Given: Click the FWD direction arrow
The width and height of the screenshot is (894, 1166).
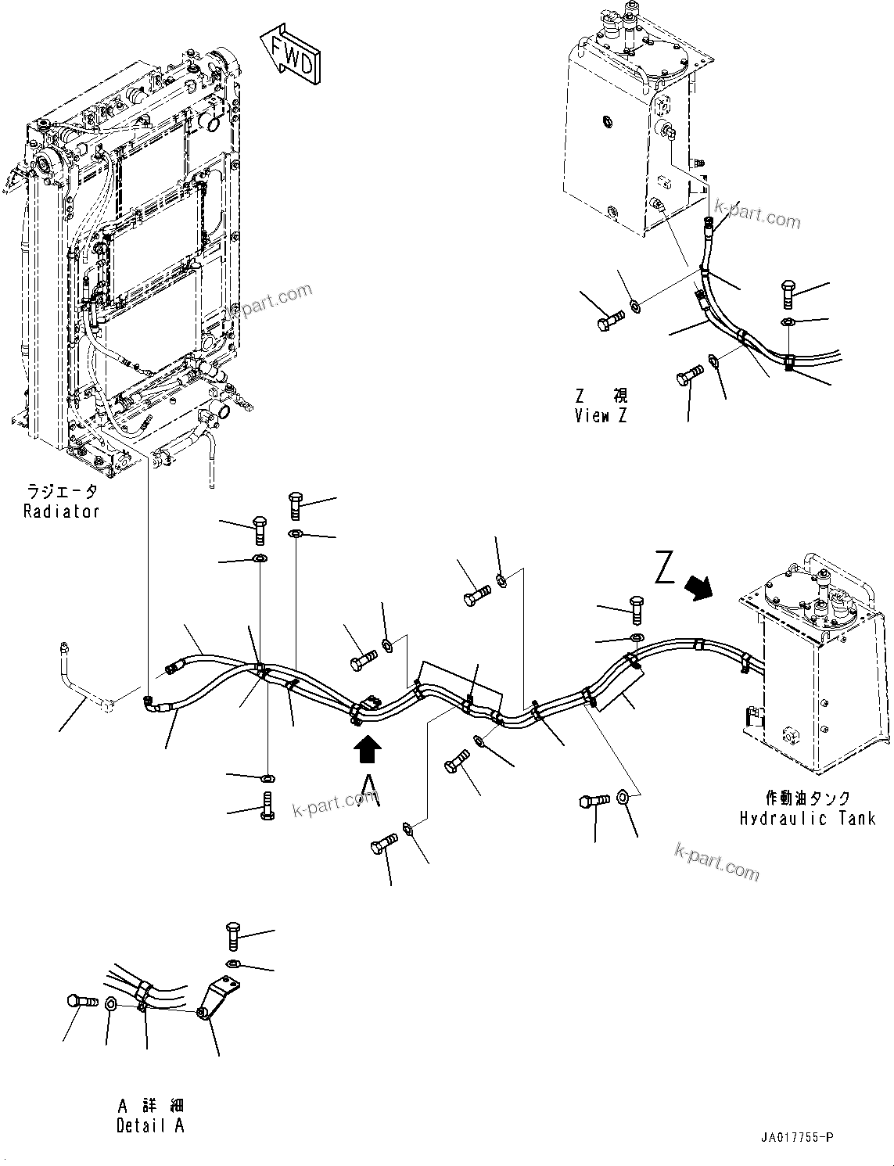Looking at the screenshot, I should [290, 56].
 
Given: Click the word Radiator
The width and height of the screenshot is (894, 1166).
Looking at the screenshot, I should [61, 511].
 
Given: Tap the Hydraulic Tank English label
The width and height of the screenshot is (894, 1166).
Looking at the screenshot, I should [807, 818].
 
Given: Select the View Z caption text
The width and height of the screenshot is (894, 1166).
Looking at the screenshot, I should [600, 416].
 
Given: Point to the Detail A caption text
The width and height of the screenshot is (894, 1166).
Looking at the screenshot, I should [150, 1126].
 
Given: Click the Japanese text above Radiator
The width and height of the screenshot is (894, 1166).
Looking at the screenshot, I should [61, 492].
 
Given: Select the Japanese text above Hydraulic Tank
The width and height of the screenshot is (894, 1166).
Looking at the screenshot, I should [807, 798].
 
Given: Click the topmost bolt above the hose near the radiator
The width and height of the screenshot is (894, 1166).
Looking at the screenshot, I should [296, 505].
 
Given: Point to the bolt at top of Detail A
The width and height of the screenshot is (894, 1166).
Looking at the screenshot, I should [232, 935].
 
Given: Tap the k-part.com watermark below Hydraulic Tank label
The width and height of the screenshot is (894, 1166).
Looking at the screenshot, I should [716, 860].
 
